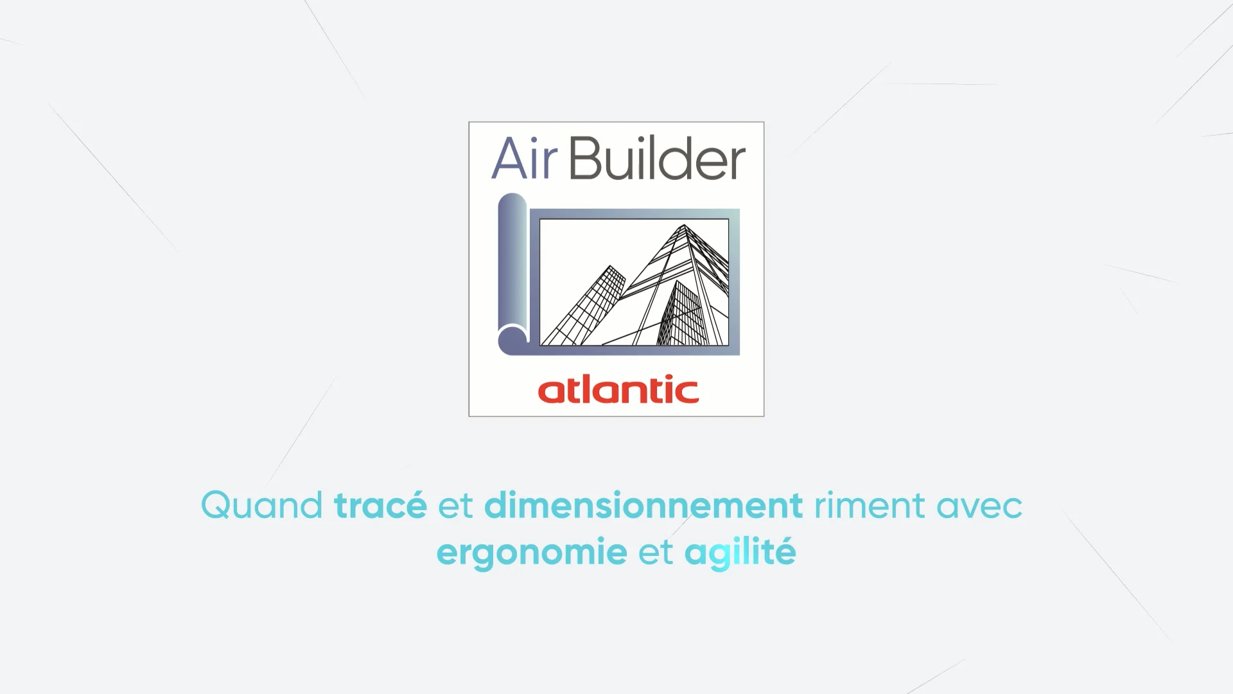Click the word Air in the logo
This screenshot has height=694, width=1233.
[523, 159]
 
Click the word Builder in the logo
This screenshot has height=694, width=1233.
[657, 159]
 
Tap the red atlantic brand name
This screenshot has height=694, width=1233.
[618, 390]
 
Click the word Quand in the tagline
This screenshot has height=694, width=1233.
[261, 506]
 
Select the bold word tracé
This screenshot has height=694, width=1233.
[380, 506]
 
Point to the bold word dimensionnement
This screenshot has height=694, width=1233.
[643, 506]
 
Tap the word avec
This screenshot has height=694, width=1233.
[979, 506]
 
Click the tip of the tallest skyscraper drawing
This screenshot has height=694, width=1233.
[684, 226]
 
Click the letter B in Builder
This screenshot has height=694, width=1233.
[584, 159]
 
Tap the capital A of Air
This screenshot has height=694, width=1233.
[507, 159]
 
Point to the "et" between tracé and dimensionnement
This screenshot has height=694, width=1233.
[455, 506]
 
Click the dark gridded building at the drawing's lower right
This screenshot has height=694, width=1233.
[684, 315]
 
